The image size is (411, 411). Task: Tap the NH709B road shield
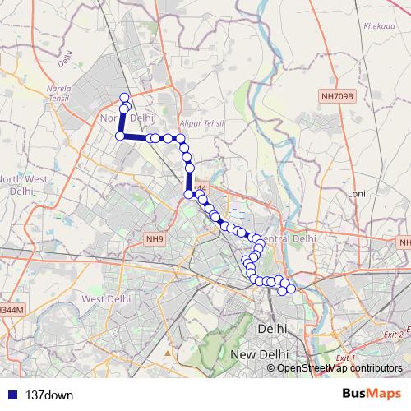tap(337, 96)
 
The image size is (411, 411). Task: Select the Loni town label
tap(357, 194)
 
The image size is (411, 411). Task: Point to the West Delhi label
tap(103, 299)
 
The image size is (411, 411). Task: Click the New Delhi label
tap(261, 353)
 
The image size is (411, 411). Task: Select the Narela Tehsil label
tap(72, 94)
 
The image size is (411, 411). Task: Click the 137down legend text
tap(49, 395)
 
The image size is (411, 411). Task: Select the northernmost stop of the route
tap(125, 98)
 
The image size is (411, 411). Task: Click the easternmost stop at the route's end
tap(291, 288)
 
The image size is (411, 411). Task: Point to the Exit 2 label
tap(395, 335)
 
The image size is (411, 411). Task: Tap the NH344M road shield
tap(11, 309)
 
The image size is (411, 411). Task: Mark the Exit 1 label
tap(346, 358)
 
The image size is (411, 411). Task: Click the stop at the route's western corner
tap(120, 136)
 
